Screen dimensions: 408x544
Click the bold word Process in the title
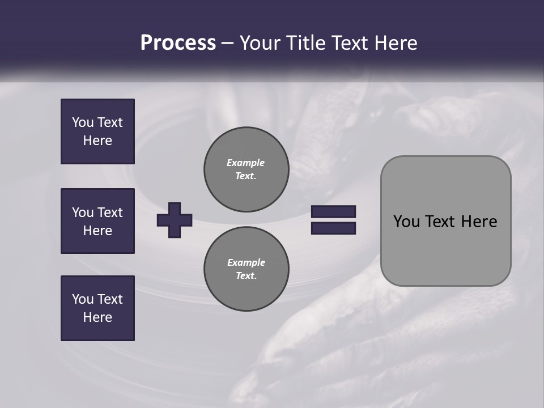[x=178, y=43]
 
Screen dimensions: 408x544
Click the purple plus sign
[x=175, y=220]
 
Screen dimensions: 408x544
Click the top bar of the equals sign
[x=333, y=212]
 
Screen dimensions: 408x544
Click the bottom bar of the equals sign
[x=333, y=228]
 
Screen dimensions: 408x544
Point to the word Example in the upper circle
[x=246, y=163]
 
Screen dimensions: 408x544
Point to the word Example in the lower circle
[x=246, y=262]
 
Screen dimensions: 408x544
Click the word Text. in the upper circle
[x=246, y=176]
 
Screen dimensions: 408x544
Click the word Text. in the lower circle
[x=246, y=276]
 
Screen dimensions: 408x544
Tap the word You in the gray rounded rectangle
[x=406, y=222]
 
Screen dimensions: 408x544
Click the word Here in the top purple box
[x=97, y=141]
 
